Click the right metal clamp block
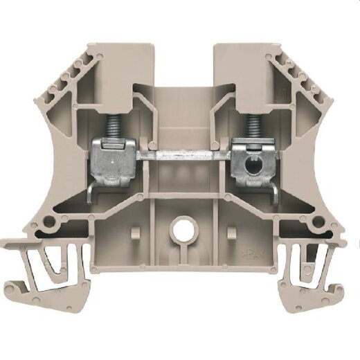coord(250,150)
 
